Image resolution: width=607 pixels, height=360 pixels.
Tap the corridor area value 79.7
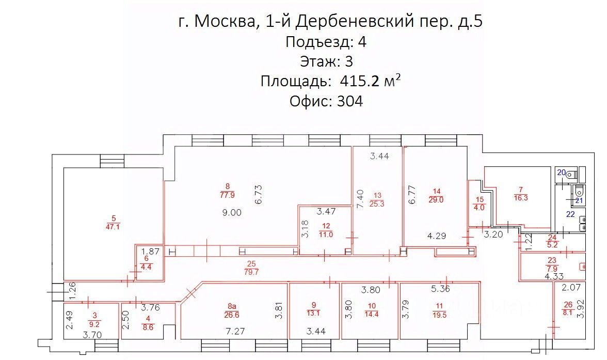point(252,273)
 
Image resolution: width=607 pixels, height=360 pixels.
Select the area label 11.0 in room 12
point(326,234)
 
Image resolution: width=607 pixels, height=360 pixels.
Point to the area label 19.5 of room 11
point(440,312)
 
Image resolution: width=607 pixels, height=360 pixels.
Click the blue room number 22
point(571,214)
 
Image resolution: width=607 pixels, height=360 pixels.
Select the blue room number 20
point(561,173)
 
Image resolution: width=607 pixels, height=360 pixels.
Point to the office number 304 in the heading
point(349,101)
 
